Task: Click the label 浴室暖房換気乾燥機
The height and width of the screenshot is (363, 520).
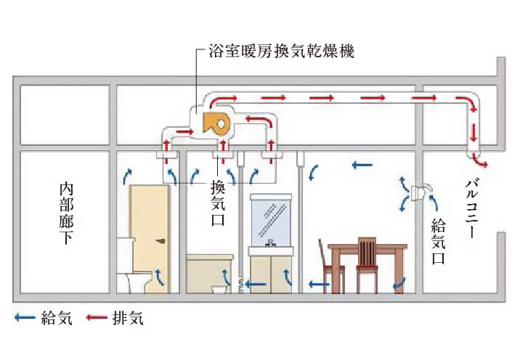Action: [279, 52]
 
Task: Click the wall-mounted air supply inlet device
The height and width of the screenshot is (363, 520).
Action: [420, 192]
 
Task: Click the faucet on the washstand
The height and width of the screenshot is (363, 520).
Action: [270, 242]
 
